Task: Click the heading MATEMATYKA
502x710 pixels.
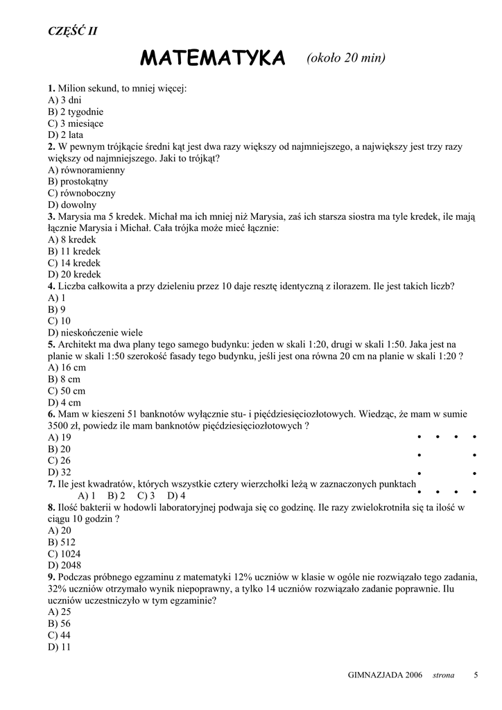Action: pyautogui.click(x=213, y=59)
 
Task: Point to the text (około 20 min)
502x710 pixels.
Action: pyautogui.click(x=345, y=58)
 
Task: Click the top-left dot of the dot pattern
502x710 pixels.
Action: pyautogui.click(x=419, y=437)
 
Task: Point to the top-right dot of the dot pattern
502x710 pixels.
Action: pyautogui.click(x=474, y=437)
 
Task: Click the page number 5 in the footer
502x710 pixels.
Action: pyautogui.click(x=476, y=675)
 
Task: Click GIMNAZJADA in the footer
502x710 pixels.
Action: pyautogui.click(x=374, y=675)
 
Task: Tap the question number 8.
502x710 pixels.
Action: pyautogui.click(x=51, y=508)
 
